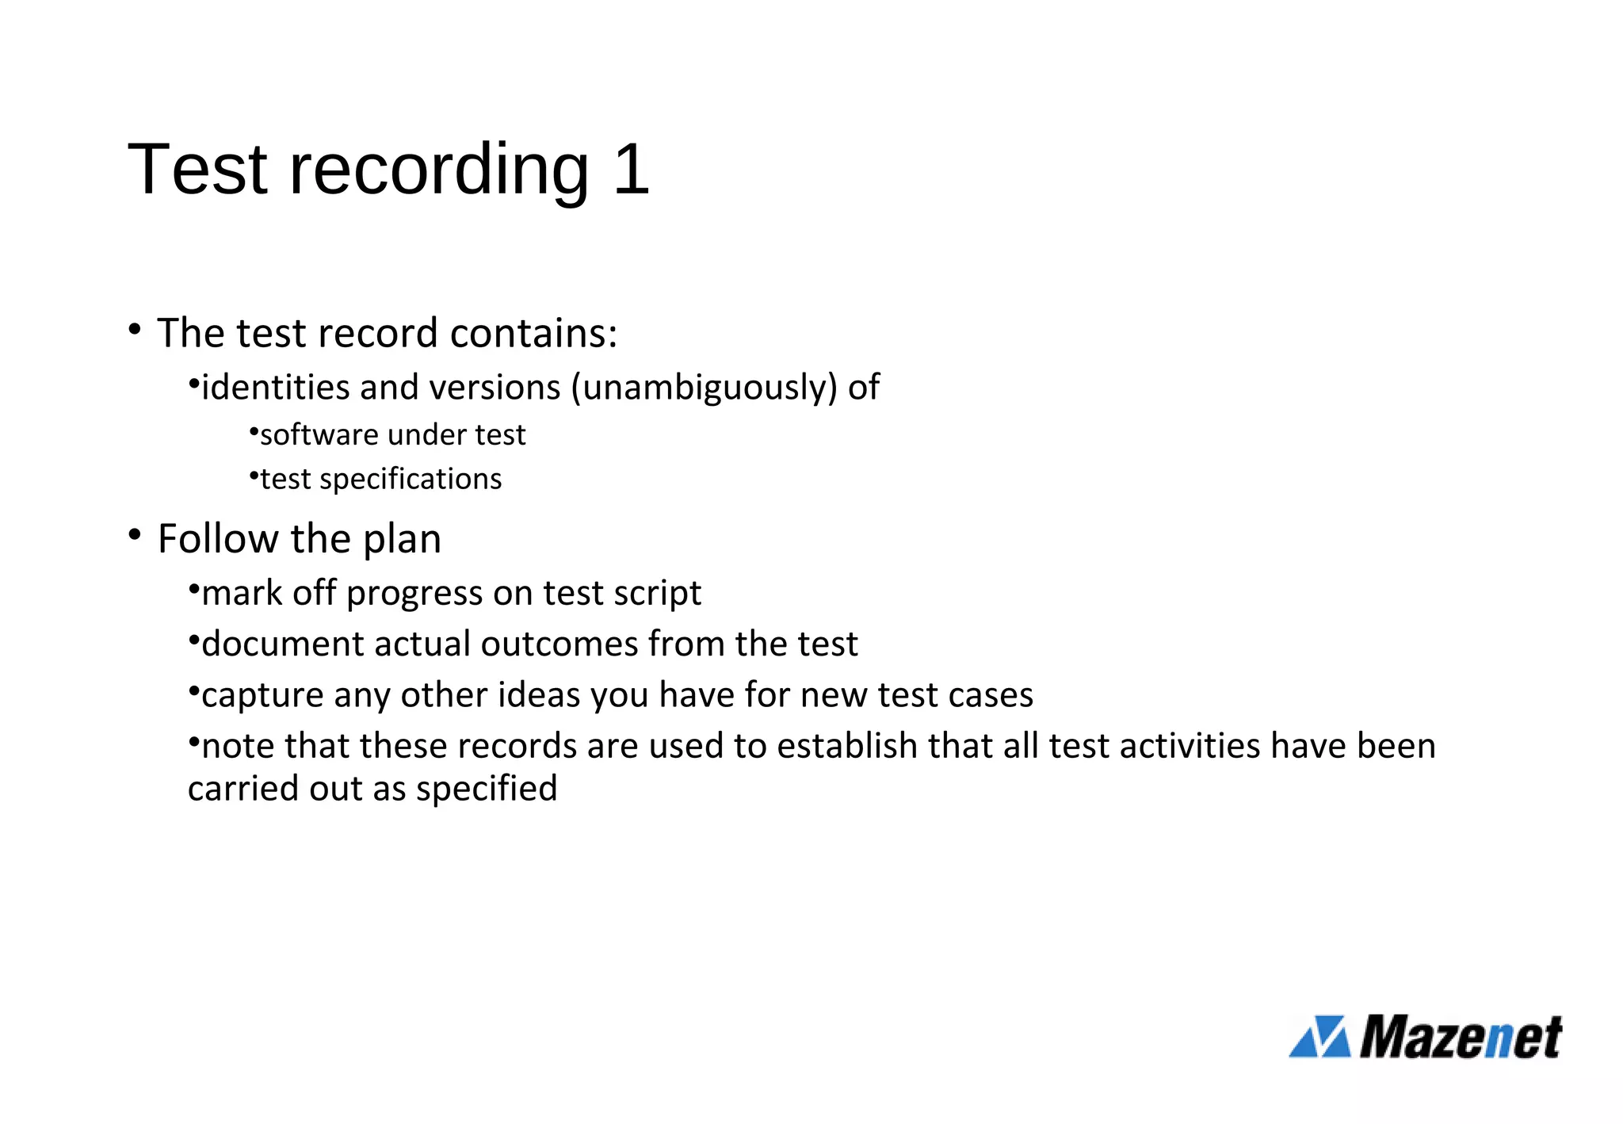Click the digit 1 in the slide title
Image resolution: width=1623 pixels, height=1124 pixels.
tap(631, 169)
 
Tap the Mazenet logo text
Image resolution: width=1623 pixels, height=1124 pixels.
tap(1461, 1038)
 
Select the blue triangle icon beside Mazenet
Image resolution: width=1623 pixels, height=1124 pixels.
tap(1319, 1037)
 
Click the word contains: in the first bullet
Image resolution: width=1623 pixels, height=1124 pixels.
tap(533, 333)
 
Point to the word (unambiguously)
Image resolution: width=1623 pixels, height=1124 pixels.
tap(704, 388)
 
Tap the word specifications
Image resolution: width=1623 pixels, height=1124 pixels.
tap(411, 480)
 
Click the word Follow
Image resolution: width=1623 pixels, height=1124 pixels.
tap(218, 539)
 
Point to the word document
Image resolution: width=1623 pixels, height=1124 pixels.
tap(283, 644)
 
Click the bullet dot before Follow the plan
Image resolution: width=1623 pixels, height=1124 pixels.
tap(135, 535)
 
